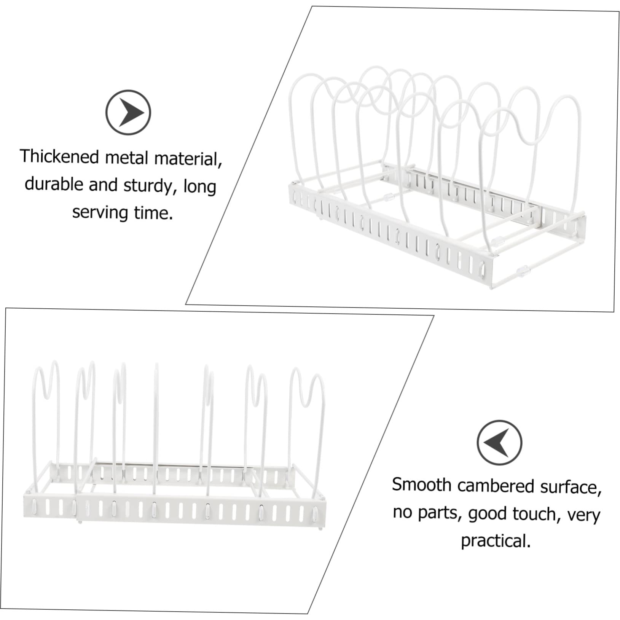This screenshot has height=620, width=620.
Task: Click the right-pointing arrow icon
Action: click(128, 112)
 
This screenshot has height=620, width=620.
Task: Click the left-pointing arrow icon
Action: click(499, 442)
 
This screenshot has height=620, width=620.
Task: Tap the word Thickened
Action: click(59, 156)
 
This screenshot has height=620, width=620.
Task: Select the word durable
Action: click(54, 184)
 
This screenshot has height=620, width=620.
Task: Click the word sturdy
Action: click(148, 186)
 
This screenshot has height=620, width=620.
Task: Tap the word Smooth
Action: click(422, 485)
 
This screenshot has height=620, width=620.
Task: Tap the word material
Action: click(188, 158)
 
